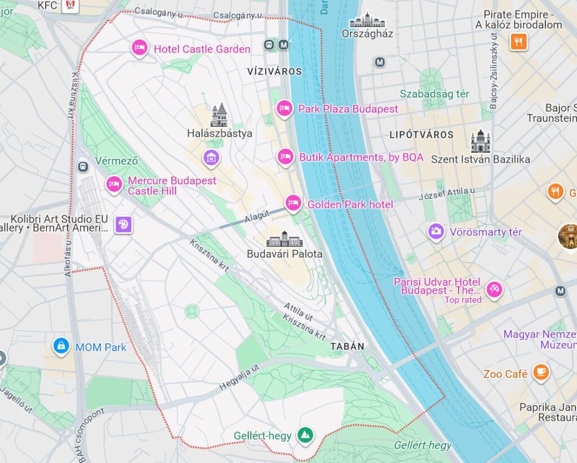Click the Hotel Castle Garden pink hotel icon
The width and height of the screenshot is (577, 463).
pos(139,48)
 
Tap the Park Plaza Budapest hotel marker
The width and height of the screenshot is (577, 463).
pos(285,108)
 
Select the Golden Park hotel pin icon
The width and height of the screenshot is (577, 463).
pos(292,204)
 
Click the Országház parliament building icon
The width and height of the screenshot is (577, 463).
pos(367,20)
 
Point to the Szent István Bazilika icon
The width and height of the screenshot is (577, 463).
pos(480,142)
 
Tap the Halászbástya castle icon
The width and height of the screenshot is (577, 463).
pos(219,115)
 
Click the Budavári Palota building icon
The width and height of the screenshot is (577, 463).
pos(285,239)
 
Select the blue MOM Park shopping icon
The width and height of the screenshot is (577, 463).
pos(60,346)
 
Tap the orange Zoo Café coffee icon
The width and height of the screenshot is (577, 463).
pos(541,373)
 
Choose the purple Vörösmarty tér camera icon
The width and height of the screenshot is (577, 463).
pos(436,231)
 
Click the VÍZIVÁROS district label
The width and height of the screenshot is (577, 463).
pos(274,72)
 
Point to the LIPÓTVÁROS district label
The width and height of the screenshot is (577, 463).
pos(421,135)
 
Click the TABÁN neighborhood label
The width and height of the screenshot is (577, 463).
pos(347,346)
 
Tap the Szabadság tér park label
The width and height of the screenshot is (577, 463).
pos(434,94)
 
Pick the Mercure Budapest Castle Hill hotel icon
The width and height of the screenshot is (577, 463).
pos(114,184)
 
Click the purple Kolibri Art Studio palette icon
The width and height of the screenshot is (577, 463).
pos(123,224)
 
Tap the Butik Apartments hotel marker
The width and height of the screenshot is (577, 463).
pos(286,157)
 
